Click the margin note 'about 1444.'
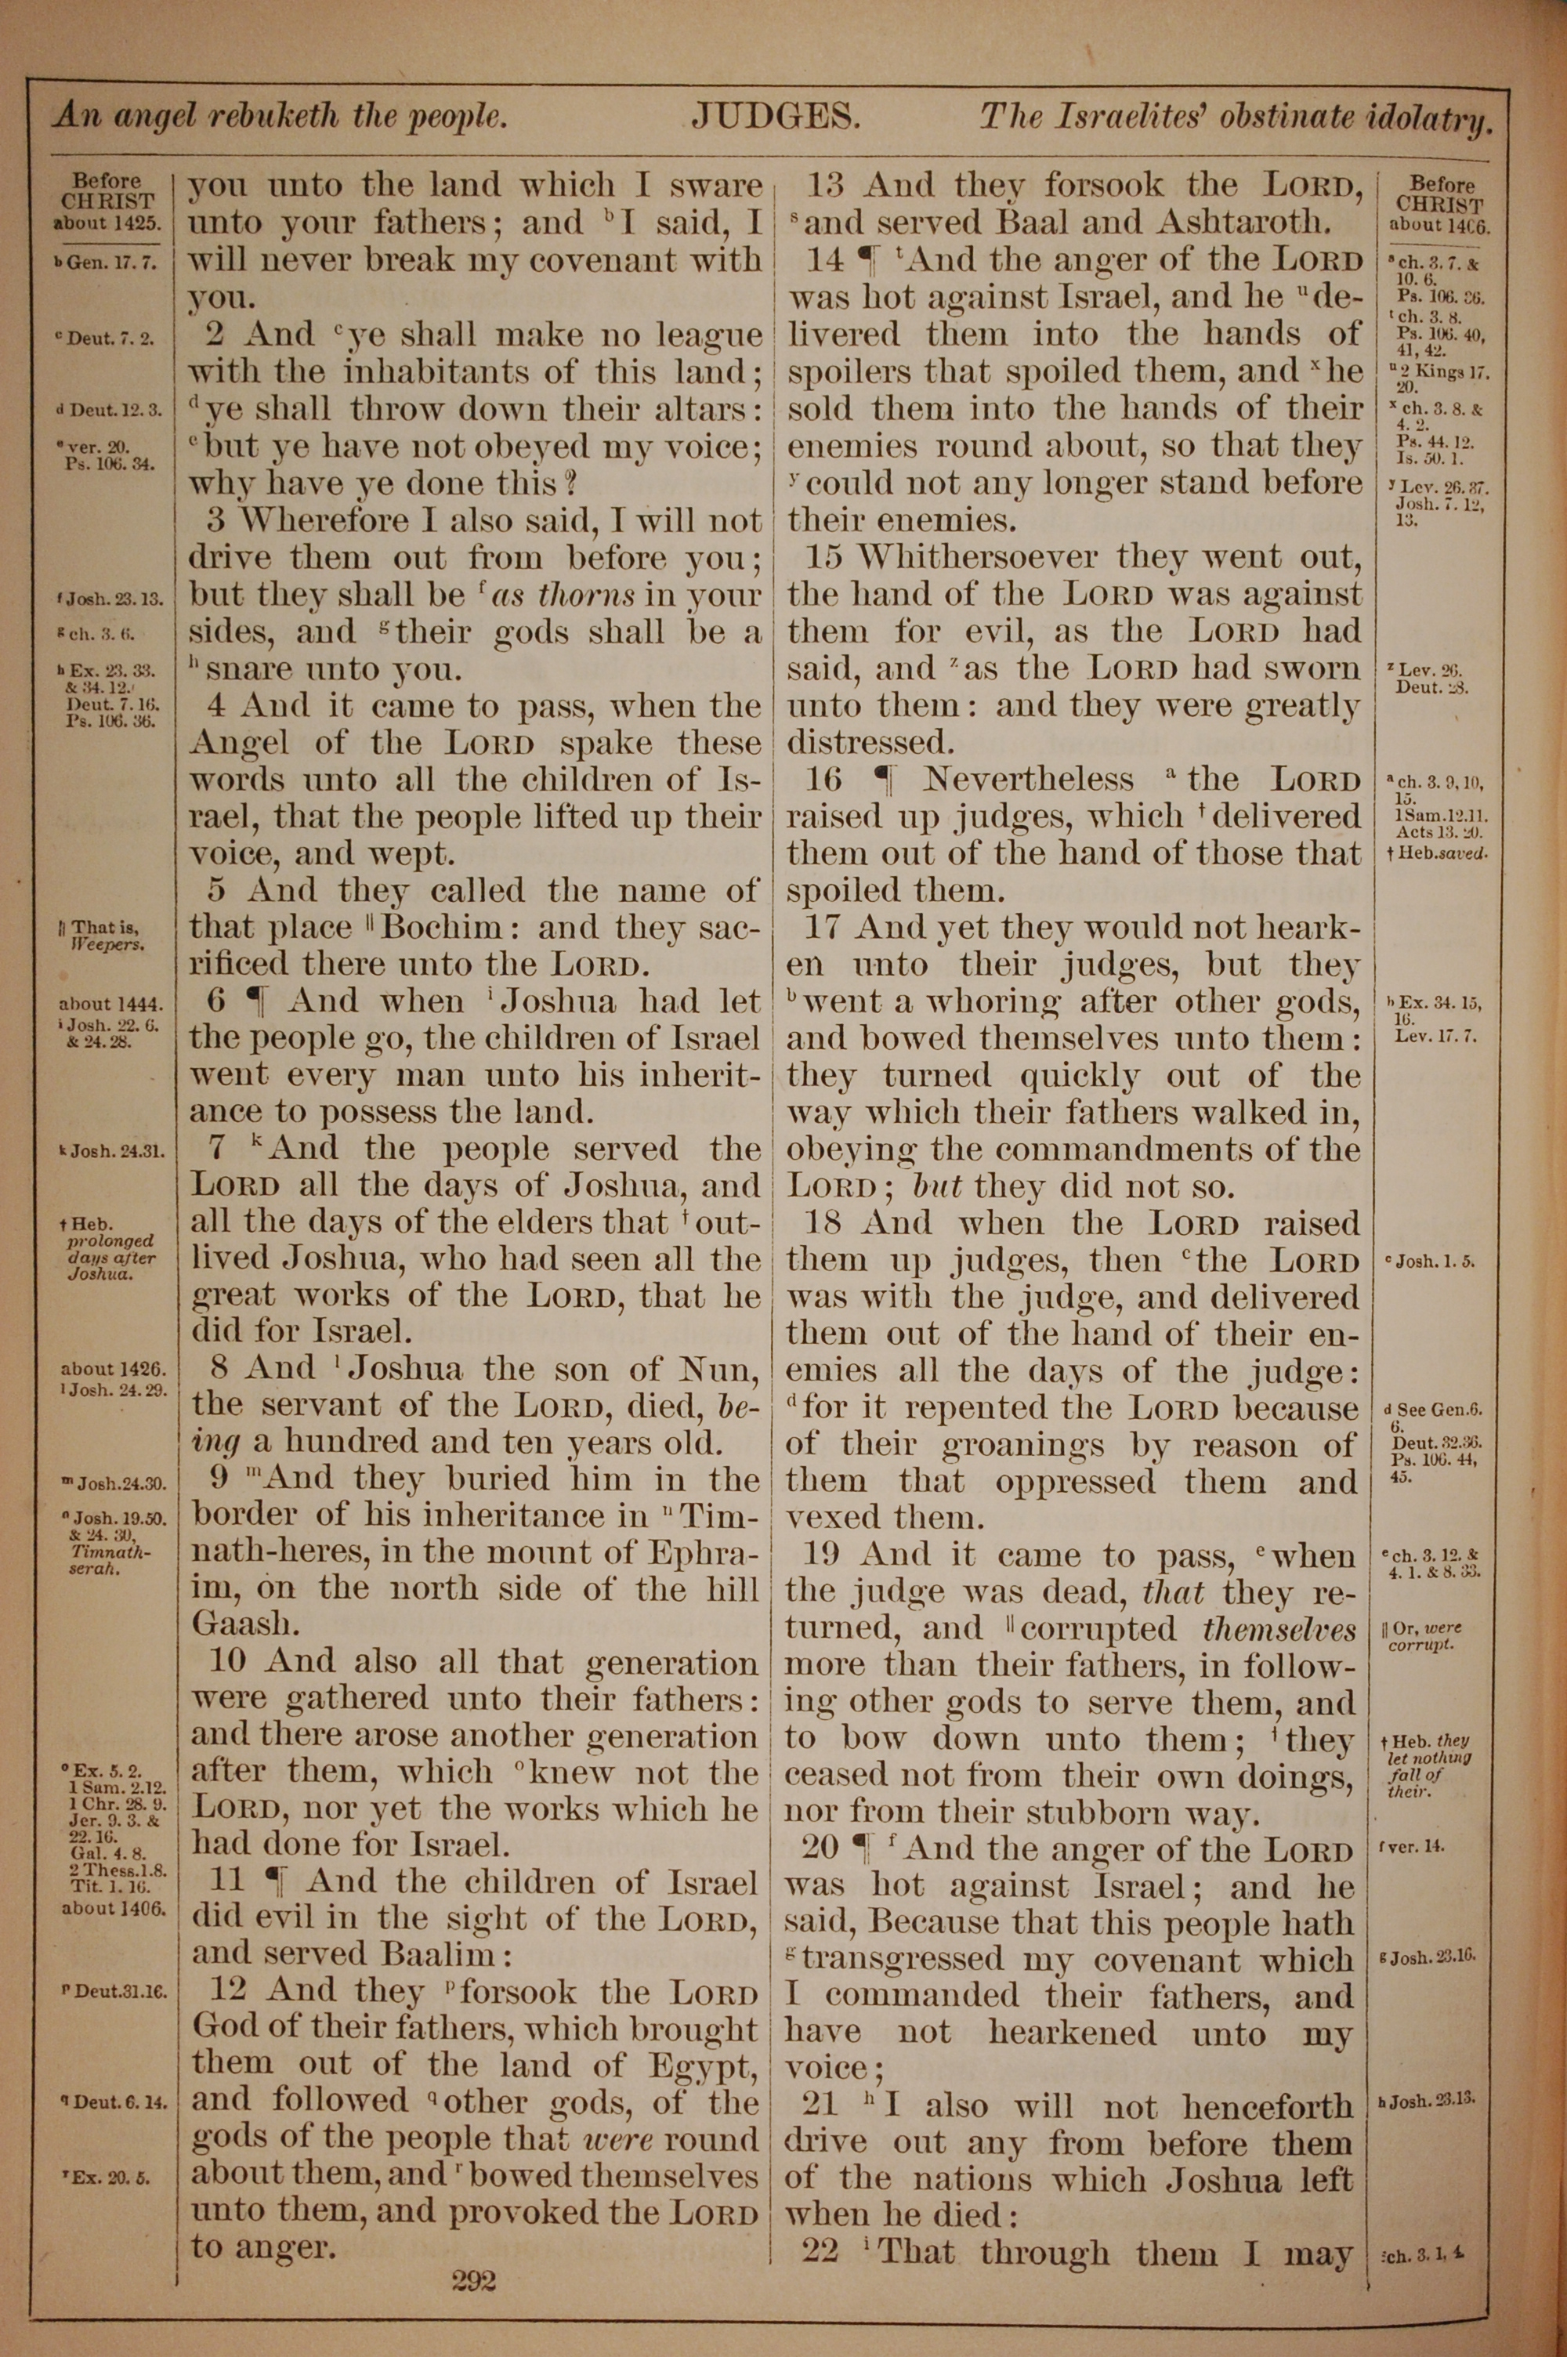point(110,1003)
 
